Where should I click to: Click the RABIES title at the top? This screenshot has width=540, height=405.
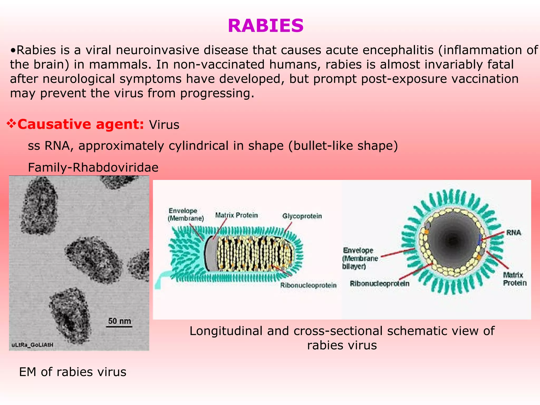[x=266, y=26]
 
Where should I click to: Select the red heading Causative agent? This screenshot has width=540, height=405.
[x=81, y=124]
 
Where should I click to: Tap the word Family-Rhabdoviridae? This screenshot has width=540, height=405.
[x=93, y=167]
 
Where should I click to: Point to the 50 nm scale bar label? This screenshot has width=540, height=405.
[x=119, y=321]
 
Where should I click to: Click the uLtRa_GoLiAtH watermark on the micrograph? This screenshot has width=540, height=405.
[x=32, y=345]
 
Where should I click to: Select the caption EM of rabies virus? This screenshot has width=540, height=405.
[x=73, y=372]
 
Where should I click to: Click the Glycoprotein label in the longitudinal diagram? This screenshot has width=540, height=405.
[x=302, y=216]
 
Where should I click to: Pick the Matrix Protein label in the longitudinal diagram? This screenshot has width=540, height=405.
[x=236, y=215]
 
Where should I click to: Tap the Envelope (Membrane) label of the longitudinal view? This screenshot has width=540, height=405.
[x=186, y=214]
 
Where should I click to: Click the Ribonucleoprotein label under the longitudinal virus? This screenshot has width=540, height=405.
[x=308, y=285]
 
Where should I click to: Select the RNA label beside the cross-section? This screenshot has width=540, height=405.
[x=513, y=233]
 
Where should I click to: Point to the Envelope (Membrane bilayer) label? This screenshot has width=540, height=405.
[x=360, y=258]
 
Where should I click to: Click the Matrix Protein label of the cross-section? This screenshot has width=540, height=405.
[x=514, y=279]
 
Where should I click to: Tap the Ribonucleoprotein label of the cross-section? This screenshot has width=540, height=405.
[x=379, y=283]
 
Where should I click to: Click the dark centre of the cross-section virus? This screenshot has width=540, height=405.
[x=453, y=240]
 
